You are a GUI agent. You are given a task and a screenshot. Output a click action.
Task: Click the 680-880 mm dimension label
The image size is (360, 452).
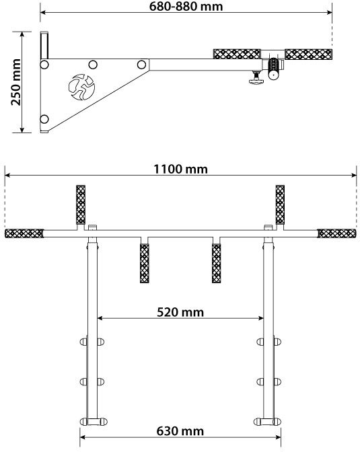(x=186, y=6)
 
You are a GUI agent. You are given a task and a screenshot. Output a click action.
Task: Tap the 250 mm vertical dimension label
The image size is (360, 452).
(x=16, y=82)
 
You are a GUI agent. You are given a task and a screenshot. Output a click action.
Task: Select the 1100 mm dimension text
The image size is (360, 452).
(x=180, y=169)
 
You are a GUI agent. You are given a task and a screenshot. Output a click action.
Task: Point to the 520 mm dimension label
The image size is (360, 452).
(x=180, y=312)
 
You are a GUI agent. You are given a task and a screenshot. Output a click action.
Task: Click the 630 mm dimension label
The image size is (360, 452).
(x=180, y=431)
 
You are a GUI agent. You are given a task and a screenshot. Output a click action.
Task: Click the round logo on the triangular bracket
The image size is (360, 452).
(x=81, y=87)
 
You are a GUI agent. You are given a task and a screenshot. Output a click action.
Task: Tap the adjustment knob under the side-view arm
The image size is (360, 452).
(x=256, y=78)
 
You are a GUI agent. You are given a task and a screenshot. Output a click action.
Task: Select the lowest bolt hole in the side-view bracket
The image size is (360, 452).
(x=44, y=119)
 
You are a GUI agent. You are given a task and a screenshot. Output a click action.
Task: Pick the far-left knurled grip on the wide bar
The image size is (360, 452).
(x=24, y=233)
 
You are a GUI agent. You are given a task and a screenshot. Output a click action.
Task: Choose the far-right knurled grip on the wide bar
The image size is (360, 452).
(x=336, y=233)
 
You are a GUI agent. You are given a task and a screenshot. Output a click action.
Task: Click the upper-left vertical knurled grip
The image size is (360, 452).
(x=81, y=204)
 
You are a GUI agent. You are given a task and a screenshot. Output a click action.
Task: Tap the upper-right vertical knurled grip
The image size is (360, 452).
(x=280, y=204)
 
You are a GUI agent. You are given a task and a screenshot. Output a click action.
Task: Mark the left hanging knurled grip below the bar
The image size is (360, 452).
(x=145, y=264)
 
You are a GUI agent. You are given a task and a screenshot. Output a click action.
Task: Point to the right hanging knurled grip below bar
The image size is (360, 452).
(x=217, y=264)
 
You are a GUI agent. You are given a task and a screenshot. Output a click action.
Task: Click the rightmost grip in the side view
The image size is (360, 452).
(x=308, y=54)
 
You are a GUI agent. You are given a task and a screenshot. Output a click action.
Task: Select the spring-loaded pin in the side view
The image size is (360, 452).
(x=273, y=69)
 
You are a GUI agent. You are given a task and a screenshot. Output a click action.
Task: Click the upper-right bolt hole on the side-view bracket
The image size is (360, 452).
(x=141, y=65)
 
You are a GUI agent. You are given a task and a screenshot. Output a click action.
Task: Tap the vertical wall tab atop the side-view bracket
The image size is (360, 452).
(x=44, y=45)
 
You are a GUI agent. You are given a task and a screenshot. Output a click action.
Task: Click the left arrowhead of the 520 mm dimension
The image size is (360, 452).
(x=100, y=318)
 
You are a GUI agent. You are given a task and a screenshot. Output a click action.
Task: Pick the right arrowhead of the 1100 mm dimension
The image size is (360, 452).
(x=354, y=175)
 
